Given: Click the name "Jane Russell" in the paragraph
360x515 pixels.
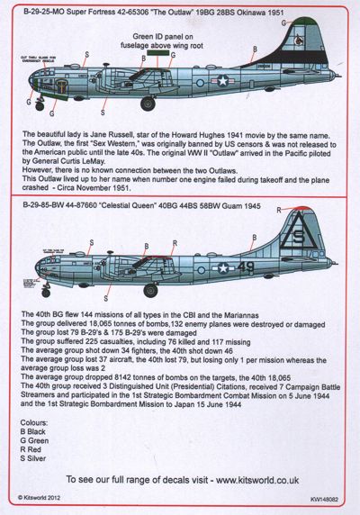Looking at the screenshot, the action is (x=106, y=133).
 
